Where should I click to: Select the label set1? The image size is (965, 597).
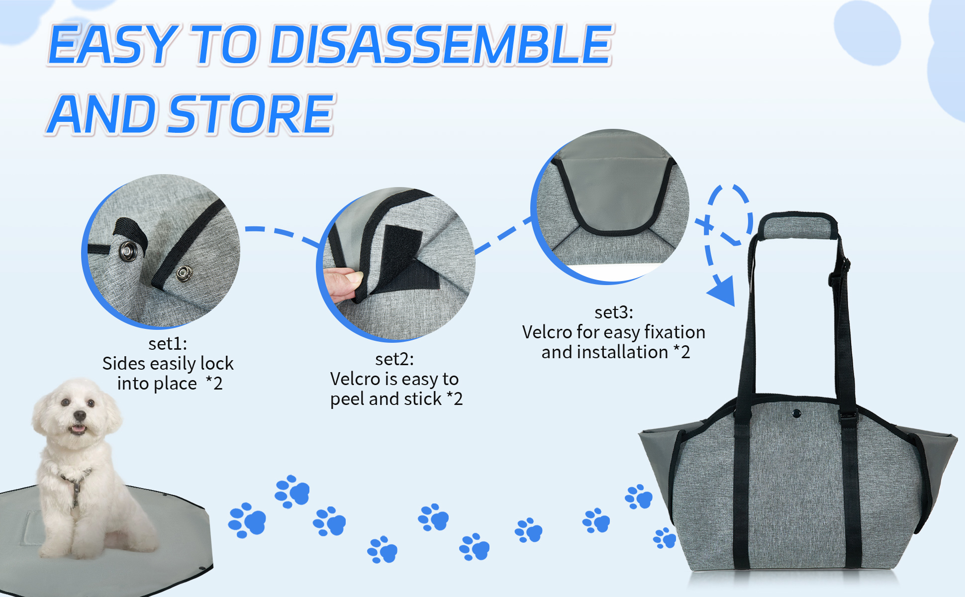168,344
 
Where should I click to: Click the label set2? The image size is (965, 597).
394,359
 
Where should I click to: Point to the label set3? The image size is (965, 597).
614,312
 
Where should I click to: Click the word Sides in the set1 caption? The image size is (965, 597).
124,364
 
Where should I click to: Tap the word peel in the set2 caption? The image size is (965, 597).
347,399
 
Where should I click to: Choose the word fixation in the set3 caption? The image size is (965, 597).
675,332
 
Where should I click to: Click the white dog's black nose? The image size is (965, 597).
80,415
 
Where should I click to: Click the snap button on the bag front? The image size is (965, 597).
796,413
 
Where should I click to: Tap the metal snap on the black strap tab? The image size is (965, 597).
128,251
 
